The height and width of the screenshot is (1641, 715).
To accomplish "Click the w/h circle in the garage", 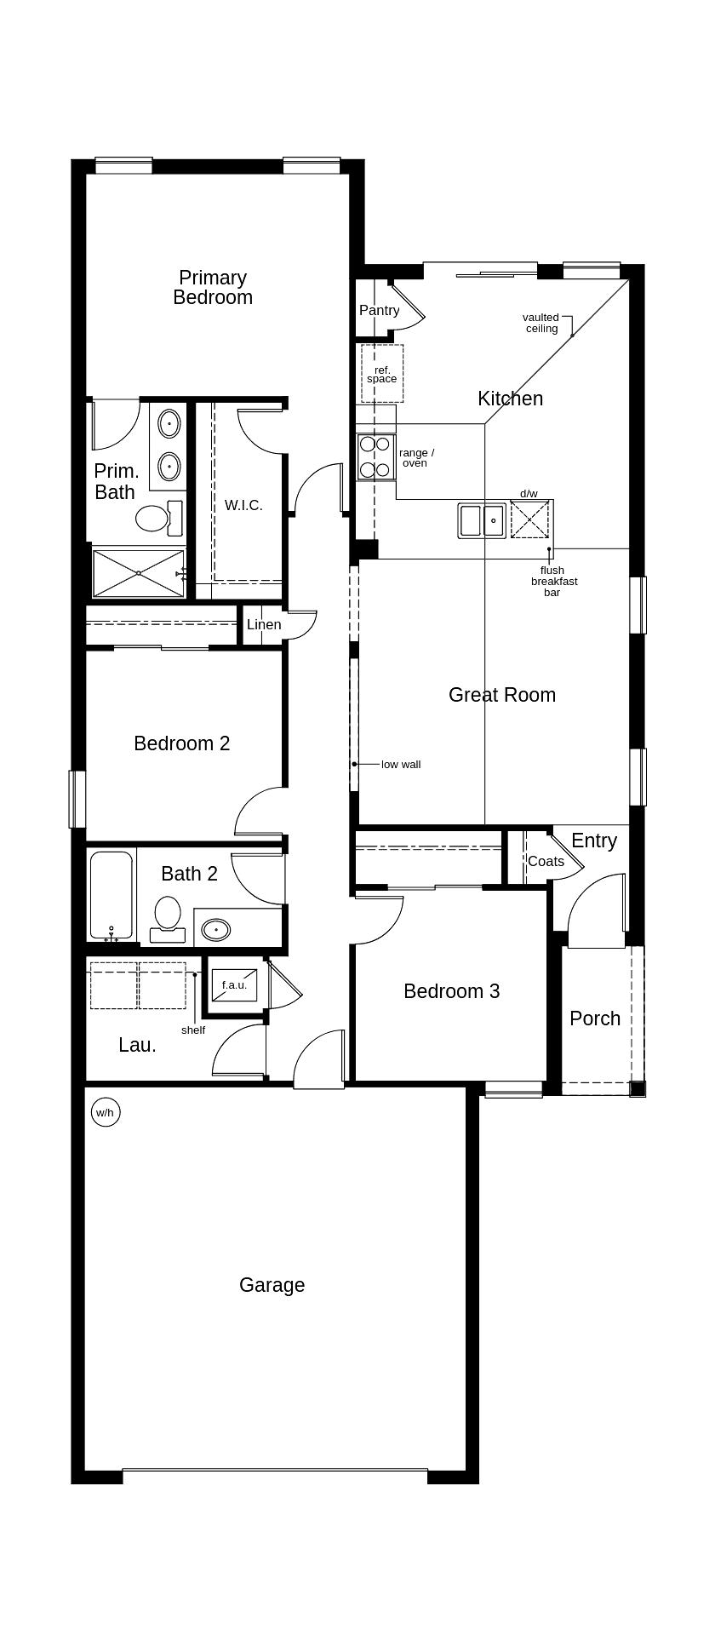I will (105, 1112).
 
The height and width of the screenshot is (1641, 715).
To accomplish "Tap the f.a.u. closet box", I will (234, 985).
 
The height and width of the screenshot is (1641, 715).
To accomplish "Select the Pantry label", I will (379, 311).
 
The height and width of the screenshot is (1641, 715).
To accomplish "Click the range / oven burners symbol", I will (375, 456).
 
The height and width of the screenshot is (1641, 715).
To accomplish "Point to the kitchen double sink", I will (482, 520).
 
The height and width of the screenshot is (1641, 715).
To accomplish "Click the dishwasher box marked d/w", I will (529, 519).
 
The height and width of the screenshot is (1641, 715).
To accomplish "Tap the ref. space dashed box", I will (382, 374).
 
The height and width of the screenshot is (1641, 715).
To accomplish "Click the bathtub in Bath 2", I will (112, 895).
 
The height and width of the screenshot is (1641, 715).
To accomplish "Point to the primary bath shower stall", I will (138, 573).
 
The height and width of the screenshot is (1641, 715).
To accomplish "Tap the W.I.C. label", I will (243, 505).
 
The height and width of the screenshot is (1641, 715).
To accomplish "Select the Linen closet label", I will (264, 624).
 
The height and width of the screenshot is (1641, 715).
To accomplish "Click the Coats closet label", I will (546, 861).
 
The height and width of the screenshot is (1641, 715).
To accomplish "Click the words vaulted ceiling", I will (541, 323).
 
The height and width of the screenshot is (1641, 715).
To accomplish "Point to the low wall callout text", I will (401, 765).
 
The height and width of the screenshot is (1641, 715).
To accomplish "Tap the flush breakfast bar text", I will (554, 582).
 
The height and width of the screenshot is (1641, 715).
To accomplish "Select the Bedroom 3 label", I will (451, 991).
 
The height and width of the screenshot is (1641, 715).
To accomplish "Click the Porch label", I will (595, 1018).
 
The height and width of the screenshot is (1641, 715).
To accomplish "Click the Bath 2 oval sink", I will (216, 930).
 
